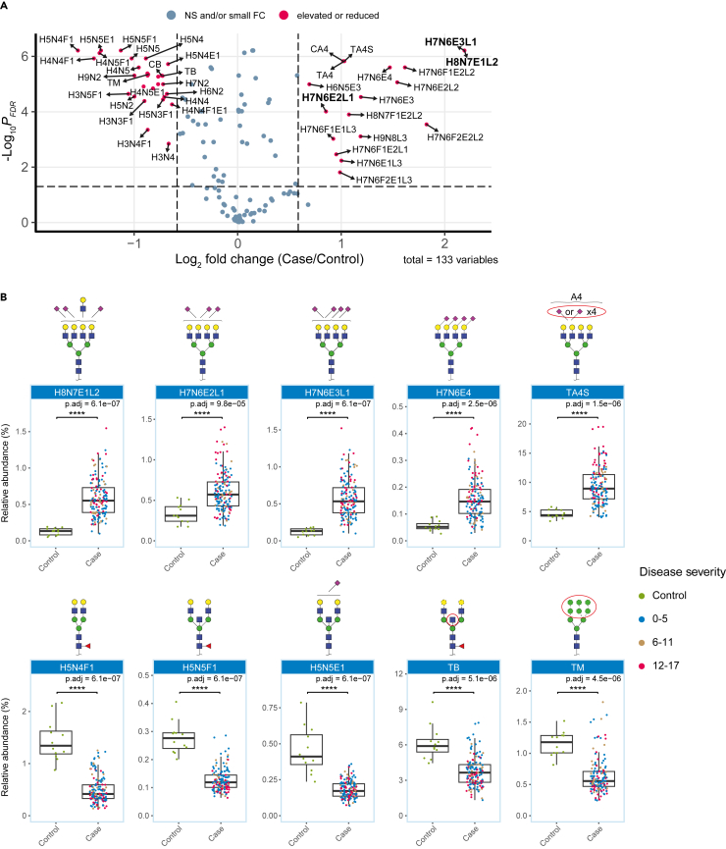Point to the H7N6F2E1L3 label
pyautogui.click(x=383, y=180)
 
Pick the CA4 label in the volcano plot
pyautogui.click(x=320, y=49)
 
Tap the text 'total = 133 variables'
pyautogui.click(x=450, y=260)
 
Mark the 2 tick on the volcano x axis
pyautogui.click(x=444, y=241)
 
